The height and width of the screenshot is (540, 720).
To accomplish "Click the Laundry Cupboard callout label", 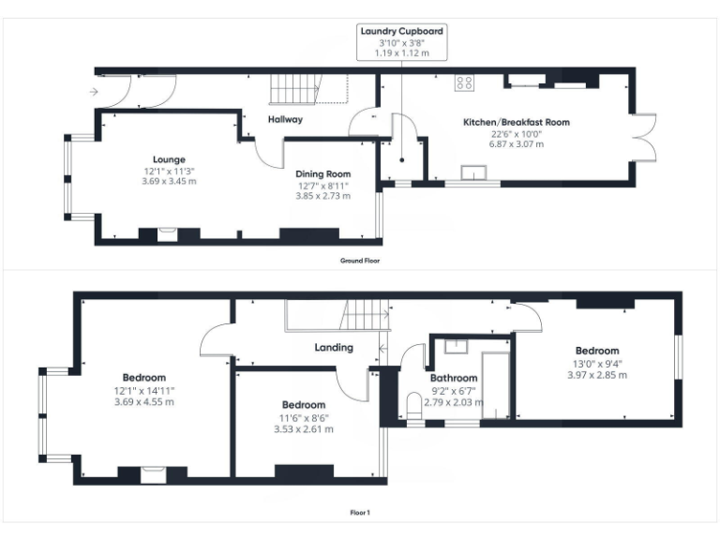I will tap(401, 31).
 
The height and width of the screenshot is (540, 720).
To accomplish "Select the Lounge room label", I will tap(170, 158).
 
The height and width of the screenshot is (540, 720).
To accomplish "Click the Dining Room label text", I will tap(322, 173).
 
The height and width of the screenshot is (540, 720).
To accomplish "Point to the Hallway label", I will tap(285, 119).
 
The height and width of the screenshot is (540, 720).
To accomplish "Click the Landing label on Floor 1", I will tap(334, 347).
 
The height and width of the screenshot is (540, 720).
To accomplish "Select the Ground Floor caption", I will tap(360, 261).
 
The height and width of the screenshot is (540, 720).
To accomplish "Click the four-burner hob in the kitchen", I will tap(464, 82).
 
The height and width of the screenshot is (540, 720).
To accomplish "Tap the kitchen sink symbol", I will tap(474, 172).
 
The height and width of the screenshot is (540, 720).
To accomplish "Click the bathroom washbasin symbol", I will tap(456, 344).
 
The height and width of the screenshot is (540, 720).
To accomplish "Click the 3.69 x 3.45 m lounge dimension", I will tap(170, 181).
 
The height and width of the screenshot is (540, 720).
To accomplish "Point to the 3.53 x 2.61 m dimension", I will tap(303, 428).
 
